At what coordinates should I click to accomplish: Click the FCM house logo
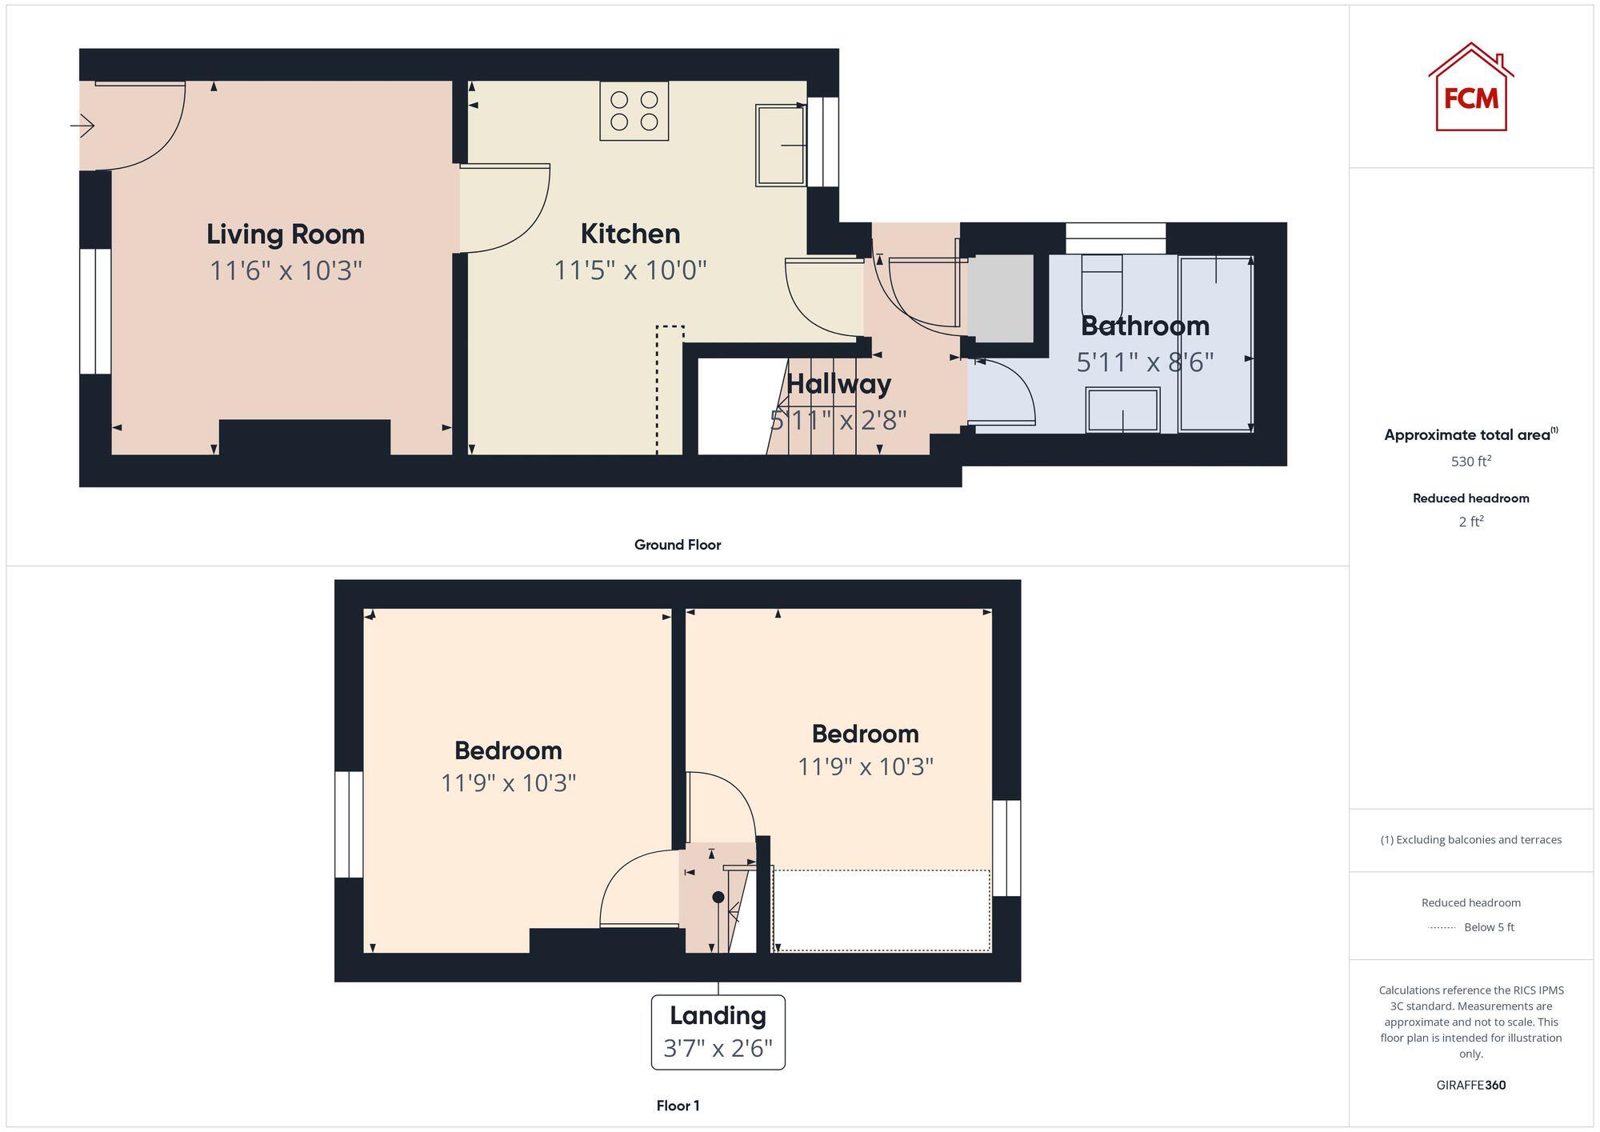1470,88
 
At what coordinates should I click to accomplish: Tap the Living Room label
286,234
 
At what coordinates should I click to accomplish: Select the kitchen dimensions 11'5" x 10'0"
630,270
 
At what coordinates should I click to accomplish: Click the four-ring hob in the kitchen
634,111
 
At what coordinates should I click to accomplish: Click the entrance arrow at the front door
82,126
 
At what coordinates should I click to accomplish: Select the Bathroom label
1145,326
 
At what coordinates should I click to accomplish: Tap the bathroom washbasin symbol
1122,410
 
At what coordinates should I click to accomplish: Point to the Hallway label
838,384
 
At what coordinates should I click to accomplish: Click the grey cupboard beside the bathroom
1001,298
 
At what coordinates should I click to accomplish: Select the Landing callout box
718,1031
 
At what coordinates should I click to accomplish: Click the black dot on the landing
718,898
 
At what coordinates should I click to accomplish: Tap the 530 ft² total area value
1470,462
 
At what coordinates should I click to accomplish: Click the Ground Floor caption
678,545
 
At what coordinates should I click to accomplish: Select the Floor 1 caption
678,1106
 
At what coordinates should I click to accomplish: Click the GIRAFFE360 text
1470,1085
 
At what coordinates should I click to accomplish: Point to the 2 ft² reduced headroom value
1470,522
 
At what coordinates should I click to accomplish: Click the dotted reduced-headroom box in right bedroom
881,910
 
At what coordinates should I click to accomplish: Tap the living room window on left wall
95,311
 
